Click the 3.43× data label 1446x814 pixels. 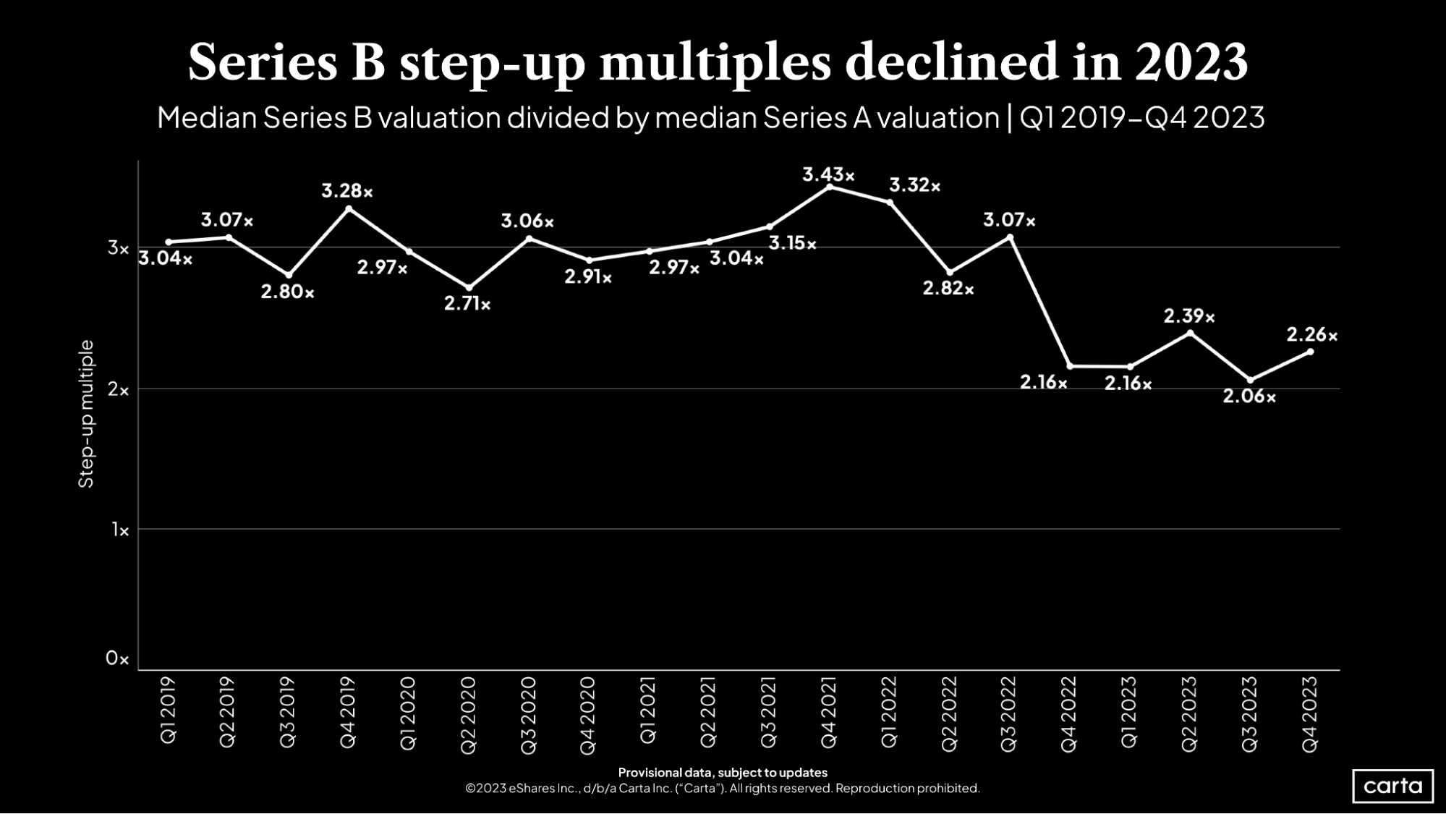[x=828, y=175]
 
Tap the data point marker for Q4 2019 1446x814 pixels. [x=349, y=209]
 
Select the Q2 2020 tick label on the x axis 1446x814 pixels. [x=468, y=715]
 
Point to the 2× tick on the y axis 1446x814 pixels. [x=118, y=390]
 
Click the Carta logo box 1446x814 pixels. [x=1392, y=786]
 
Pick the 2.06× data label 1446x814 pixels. [x=1249, y=397]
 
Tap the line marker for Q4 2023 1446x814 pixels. [x=1310, y=352]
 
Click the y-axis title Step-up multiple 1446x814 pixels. [x=86, y=414]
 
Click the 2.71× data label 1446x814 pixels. [x=467, y=304]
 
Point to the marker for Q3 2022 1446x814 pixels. [x=1010, y=237]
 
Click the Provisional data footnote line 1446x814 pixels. [x=722, y=772]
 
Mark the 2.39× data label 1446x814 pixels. [x=1188, y=316]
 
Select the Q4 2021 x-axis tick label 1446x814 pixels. [x=829, y=712]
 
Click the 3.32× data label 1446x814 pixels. [x=914, y=186]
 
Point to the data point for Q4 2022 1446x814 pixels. [x=1070, y=366]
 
